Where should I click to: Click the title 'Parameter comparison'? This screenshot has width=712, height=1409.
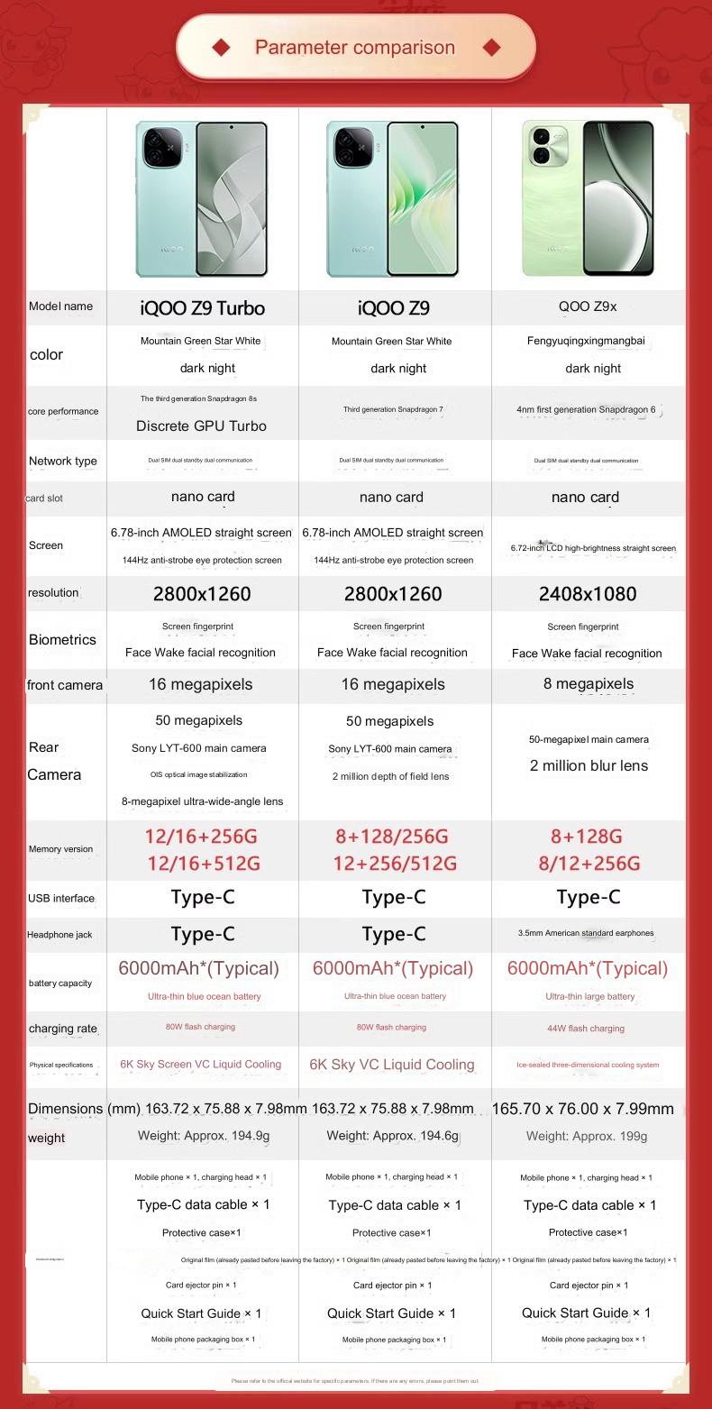click(355, 48)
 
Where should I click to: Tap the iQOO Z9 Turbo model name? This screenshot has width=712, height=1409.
click(202, 308)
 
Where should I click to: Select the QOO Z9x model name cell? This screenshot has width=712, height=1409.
click(588, 307)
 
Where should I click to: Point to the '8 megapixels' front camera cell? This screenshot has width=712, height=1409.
click(589, 684)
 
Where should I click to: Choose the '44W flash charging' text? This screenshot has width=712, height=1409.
click(586, 1029)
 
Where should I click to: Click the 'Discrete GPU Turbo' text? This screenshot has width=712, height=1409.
click(201, 425)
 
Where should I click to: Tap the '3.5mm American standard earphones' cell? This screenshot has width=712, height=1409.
click(586, 934)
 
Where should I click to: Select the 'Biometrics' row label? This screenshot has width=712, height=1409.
click(62, 640)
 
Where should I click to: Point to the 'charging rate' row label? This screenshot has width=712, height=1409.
click(62, 1029)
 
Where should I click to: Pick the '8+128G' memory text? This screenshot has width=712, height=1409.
click(586, 837)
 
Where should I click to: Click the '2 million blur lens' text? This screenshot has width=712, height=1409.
click(589, 766)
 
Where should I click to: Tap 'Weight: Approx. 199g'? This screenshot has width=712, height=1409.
click(587, 1137)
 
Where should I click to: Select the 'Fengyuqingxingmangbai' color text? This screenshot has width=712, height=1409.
click(586, 342)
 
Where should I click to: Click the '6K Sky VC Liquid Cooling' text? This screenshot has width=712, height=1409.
click(392, 1065)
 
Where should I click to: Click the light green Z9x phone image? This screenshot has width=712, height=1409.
click(588, 198)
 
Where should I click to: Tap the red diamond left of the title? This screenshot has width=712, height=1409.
click(221, 47)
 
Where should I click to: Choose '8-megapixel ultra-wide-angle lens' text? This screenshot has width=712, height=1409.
click(202, 801)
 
